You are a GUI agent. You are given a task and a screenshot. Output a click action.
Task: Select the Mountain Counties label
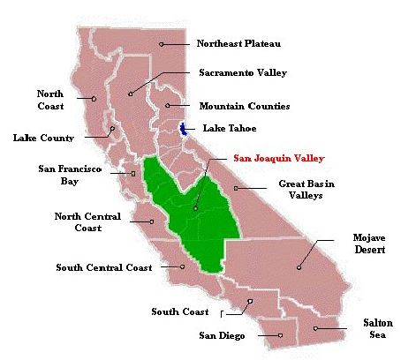pyautogui.click(x=244, y=106)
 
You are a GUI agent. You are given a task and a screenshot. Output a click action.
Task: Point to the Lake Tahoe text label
pyautogui.click(x=231, y=128)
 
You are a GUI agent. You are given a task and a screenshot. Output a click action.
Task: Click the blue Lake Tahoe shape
pyautogui.click(x=184, y=129)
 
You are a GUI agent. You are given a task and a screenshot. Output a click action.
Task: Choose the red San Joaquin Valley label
pyautogui.click(x=278, y=159)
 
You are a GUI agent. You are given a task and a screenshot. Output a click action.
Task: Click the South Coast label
pyautogui.click(x=180, y=311)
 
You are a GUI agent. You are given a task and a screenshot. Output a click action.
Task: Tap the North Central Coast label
pyautogui.click(x=88, y=221)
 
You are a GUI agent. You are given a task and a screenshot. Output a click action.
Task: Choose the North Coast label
pyautogui.click(x=49, y=99)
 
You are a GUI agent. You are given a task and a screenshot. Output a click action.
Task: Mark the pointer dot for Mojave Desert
pyautogui.click(x=299, y=266)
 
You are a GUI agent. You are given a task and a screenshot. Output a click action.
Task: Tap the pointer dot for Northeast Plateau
pyautogui.click(x=162, y=43)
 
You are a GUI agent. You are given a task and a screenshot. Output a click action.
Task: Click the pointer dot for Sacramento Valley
pyautogui.click(x=131, y=93)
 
